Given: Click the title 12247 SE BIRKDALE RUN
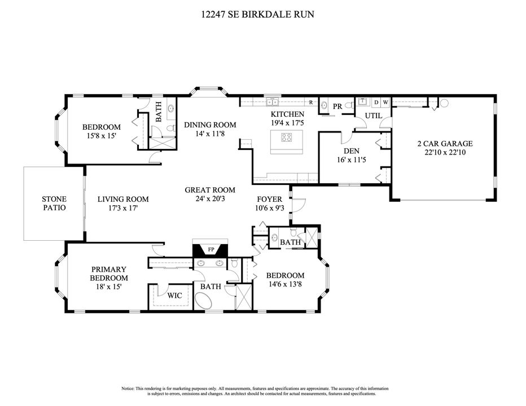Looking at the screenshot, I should (x=257, y=15).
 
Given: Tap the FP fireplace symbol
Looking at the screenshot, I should (x=211, y=249).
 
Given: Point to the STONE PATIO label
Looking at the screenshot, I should (x=54, y=203).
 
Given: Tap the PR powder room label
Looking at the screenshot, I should (x=337, y=106).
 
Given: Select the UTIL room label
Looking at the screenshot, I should (x=373, y=116).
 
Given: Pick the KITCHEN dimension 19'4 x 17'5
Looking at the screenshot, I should (x=287, y=122).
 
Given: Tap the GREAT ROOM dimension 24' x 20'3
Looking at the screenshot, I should (x=210, y=199).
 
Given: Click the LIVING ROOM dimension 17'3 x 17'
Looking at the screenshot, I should (x=122, y=208).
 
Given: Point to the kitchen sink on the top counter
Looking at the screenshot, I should (x=273, y=101).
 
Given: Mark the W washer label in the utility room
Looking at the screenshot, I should (x=385, y=102).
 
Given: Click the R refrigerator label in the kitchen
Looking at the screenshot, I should (x=311, y=102).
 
